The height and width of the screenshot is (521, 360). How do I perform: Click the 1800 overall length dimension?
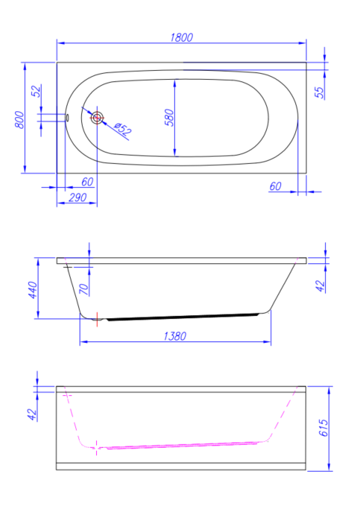(182, 37)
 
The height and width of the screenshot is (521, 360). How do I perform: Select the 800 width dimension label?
(19, 120)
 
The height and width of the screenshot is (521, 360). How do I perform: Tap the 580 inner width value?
(169, 117)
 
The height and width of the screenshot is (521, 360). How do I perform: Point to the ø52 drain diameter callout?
(123, 128)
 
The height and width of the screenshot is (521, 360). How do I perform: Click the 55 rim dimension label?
(319, 92)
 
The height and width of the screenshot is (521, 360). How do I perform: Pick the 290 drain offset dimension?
(78, 198)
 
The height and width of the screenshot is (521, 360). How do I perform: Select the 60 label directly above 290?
(87, 182)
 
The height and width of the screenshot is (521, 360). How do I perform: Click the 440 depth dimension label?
(33, 290)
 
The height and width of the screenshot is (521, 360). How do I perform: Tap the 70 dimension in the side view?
(83, 289)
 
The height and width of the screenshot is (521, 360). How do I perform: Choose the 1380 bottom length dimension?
(175, 336)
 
